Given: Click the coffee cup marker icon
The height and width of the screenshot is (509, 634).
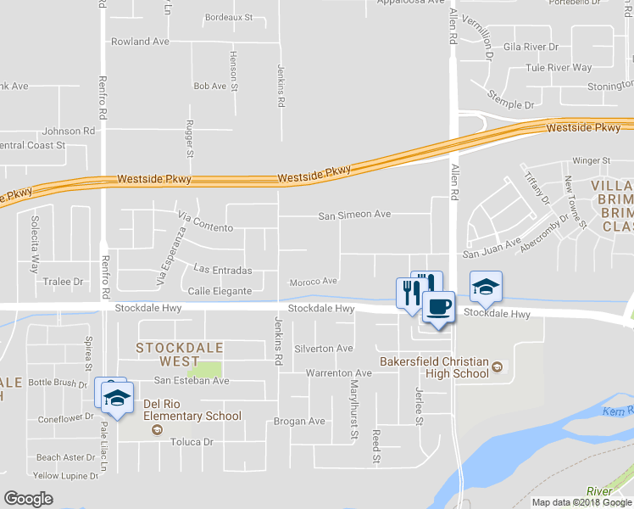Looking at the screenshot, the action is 438,306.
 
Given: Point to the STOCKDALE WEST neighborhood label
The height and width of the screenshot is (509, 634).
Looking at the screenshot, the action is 180,355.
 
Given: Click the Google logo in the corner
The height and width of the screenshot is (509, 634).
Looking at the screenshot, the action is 29,498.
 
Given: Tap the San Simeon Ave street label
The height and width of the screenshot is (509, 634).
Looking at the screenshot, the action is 354,215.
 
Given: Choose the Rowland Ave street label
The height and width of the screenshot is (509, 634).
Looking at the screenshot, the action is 140,41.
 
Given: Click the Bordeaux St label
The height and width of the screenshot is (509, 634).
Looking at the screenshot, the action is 230,17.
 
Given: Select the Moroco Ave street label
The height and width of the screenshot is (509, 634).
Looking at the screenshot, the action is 314,282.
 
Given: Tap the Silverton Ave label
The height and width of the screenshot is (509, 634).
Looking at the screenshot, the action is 323,349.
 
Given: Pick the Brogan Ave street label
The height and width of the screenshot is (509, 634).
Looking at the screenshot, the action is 299,421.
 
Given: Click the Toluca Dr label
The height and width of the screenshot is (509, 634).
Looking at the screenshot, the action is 192,442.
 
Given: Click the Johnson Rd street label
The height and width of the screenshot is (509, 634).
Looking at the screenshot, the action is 69,131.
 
